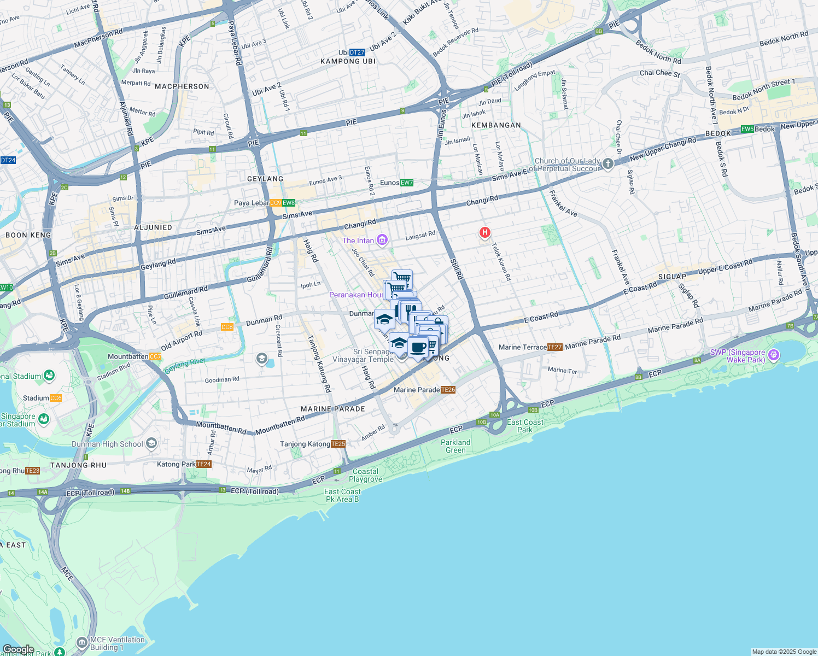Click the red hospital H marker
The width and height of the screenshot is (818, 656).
[x=484, y=232]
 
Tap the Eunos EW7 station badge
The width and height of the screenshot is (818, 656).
[x=407, y=183]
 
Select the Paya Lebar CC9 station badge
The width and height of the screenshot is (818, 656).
[x=276, y=203]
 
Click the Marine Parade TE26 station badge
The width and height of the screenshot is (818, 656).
[x=448, y=390]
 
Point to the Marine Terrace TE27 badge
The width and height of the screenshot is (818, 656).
[x=555, y=347]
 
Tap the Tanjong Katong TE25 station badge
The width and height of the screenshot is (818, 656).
[x=338, y=444]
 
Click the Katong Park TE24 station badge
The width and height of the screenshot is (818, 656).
[x=204, y=464]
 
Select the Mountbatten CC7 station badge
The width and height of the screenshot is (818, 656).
[x=155, y=356]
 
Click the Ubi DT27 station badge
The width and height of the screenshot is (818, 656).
[x=357, y=52]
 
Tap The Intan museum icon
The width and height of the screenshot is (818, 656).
[x=382, y=240]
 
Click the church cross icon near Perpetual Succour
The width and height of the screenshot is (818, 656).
[x=607, y=164]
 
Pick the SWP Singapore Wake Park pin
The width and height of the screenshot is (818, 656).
[x=773, y=355]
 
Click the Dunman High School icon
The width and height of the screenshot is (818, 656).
[x=152, y=443]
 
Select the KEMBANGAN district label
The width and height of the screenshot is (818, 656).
[x=496, y=125]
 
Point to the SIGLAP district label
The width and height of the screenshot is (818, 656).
[x=672, y=277]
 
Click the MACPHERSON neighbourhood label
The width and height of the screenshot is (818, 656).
[x=182, y=86]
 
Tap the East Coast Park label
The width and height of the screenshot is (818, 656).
[x=525, y=426]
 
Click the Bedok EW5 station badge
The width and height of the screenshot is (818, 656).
[x=747, y=129]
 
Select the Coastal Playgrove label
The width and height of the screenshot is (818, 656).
[x=365, y=475]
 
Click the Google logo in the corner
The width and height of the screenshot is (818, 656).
[x=19, y=649]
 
